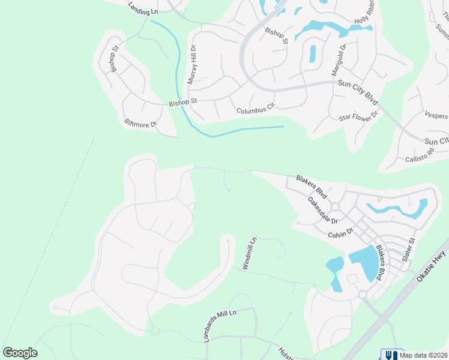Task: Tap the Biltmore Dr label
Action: (x=140, y=124)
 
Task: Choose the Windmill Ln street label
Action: (x=249, y=253)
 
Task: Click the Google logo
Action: (x=20, y=353)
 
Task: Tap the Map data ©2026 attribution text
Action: (x=423, y=355)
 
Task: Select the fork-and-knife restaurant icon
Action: (x=390, y=355)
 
